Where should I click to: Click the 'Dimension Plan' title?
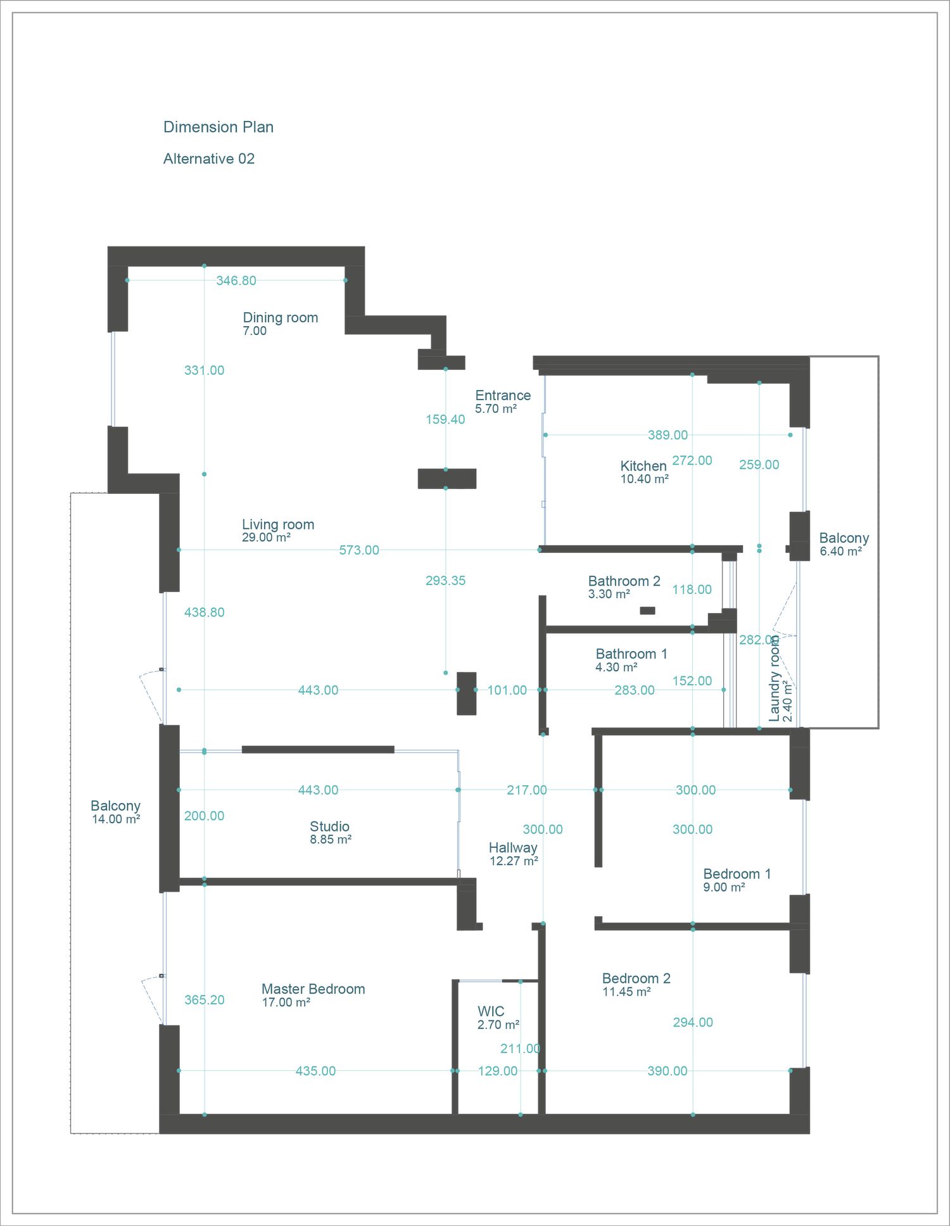point(218,127)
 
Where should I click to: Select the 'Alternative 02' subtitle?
point(209,159)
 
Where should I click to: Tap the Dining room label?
point(281,318)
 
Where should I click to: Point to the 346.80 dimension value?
point(236,281)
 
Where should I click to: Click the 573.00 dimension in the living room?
point(359,550)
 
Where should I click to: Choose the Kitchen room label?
point(643,466)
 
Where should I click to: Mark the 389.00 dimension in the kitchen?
point(668,435)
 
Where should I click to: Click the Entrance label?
point(503,395)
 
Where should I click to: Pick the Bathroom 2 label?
point(624,581)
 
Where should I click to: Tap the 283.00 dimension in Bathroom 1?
point(635,690)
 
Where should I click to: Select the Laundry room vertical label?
point(774,679)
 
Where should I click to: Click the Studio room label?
point(329,826)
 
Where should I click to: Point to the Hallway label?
point(513,848)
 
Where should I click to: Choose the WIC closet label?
point(491,1011)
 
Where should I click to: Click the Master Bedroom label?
point(313,989)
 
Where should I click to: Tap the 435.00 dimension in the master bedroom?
point(315,1071)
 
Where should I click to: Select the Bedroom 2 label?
point(636,978)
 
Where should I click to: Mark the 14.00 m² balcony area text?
point(116,819)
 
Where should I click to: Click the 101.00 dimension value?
point(507,690)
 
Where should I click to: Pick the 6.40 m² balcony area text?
point(841,552)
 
